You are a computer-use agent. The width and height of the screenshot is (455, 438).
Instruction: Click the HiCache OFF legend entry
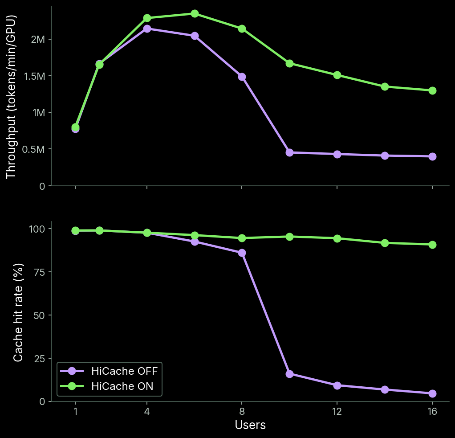point(109,371)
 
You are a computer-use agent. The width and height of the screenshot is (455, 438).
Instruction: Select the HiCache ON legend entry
point(106,386)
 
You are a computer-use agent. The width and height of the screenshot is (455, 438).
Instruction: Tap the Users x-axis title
point(250,425)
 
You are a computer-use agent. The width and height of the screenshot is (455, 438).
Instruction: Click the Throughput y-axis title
point(11,97)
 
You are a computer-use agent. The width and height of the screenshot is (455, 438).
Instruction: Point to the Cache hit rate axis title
point(18,312)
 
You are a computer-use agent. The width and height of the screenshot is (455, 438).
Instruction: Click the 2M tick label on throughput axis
point(38,39)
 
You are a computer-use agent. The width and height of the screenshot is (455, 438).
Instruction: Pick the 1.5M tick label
point(35,76)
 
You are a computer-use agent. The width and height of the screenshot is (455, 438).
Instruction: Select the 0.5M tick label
point(34,149)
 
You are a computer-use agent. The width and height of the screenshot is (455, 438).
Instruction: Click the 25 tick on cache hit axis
point(40,358)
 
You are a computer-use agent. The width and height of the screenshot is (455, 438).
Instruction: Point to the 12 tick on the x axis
point(337,411)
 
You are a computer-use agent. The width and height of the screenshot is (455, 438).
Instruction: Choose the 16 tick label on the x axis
point(432,411)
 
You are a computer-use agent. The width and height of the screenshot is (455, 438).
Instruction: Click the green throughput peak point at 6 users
point(195,14)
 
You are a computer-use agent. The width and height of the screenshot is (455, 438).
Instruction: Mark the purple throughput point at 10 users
point(289,152)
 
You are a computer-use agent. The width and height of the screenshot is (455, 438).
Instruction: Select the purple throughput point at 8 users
point(242,77)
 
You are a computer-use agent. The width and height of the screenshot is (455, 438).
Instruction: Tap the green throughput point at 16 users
point(432,90)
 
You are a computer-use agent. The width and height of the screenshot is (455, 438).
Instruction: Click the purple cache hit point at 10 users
point(289,374)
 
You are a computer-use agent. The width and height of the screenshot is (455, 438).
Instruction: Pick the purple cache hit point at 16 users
point(432,393)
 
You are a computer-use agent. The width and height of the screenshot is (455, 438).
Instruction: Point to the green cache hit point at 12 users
point(337,238)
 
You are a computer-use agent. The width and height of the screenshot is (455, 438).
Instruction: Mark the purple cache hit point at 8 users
point(242,253)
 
